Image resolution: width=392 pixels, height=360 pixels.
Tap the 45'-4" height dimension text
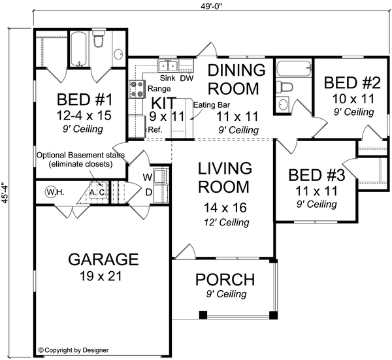click(x=6, y=193)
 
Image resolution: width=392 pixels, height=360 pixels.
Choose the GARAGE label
click(x=103, y=259)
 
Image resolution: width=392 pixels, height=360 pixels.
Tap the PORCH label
click(x=224, y=280)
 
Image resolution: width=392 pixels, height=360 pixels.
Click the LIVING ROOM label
click(x=224, y=177)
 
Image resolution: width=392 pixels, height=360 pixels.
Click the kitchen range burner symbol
click(x=137, y=89)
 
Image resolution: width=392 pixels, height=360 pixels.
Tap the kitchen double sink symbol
click(x=167, y=65)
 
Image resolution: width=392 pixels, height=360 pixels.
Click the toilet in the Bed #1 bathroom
click(x=99, y=42)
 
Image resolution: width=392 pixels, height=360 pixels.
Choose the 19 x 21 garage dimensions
click(x=103, y=276)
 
